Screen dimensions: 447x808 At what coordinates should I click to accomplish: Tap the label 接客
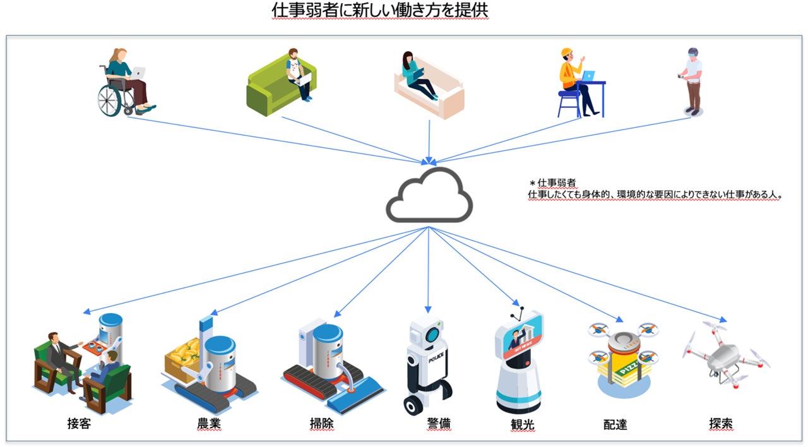tap(80, 424)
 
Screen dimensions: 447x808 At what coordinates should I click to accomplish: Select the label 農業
tap(209, 424)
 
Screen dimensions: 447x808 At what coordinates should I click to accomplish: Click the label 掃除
tap(321, 424)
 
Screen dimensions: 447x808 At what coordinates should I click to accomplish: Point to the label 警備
tap(439, 424)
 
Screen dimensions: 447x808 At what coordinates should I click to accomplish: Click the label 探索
tap(721, 423)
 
